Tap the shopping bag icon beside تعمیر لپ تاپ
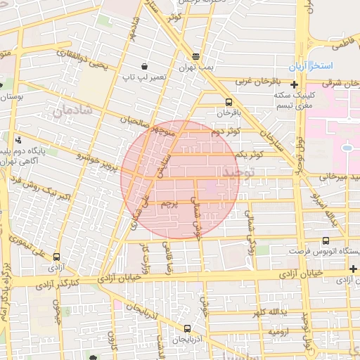tap(143, 61)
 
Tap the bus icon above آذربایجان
tap(186, 328)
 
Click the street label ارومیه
tap(275, 330)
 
